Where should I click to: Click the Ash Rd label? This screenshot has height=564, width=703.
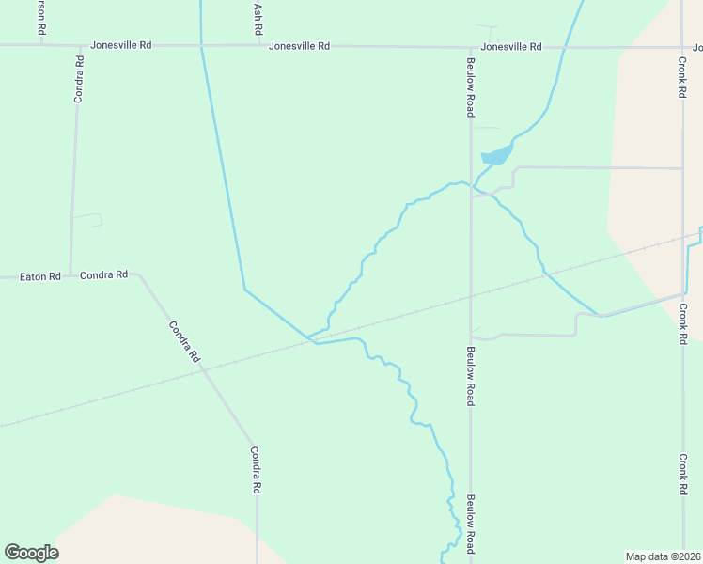pyautogui.click(x=258, y=20)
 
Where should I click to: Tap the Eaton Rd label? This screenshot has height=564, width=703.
pyautogui.click(x=42, y=276)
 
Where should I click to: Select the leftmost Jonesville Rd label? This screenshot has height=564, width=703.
pyautogui.click(x=120, y=45)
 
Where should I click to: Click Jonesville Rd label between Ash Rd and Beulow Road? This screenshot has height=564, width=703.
pyautogui.click(x=299, y=46)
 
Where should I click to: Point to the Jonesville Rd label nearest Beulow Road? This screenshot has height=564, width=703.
pyautogui.click(x=510, y=47)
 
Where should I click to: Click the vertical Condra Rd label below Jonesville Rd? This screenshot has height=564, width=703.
pyautogui.click(x=80, y=79)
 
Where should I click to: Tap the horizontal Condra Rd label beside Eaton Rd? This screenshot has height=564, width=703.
pyautogui.click(x=103, y=275)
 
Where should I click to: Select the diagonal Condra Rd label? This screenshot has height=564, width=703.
pyautogui.click(x=184, y=342)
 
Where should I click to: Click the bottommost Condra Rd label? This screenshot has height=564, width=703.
pyautogui.click(x=255, y=470)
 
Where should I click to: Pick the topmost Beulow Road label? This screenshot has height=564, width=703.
pyautogui.click(x=470, y=88)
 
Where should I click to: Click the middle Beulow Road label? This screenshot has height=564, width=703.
pyautogui.click(x=470, y=376)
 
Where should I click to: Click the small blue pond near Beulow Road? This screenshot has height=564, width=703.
pyautogui.click(x=496, y=155)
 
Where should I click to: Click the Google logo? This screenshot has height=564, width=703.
pyautogui.click(x=31, y=553)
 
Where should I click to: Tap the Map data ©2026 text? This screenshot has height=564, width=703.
pyautogui.click(x=663, y=556)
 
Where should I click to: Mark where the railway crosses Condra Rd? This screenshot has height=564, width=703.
pyautogui.click(x=203, y=369)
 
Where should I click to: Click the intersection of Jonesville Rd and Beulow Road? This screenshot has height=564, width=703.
pyautogui.click(x=470, y=46)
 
